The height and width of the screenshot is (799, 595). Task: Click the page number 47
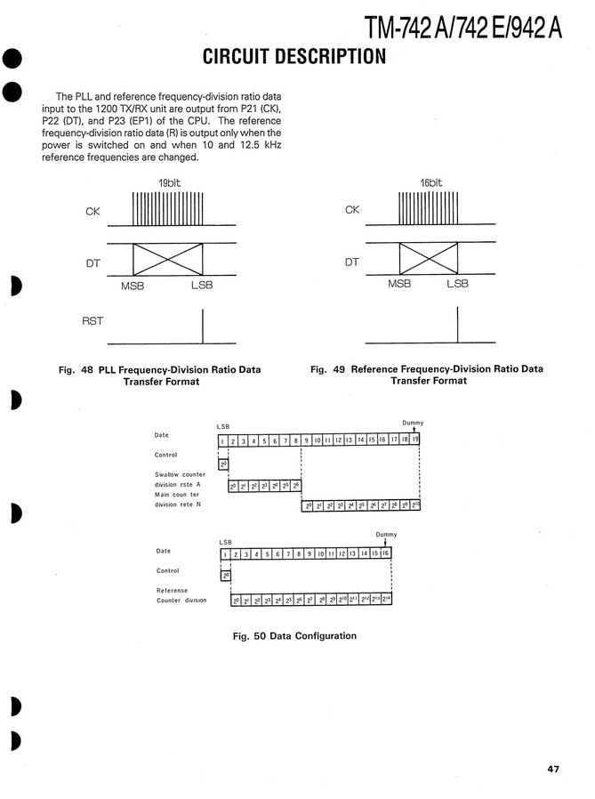coord(553,769)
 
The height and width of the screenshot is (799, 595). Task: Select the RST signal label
coord(92,320)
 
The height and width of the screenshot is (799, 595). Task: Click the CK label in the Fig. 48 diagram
coord(92,211)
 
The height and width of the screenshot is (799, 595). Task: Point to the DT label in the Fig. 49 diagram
coord(352,262)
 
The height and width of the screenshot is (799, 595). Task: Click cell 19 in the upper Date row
coord(414,440)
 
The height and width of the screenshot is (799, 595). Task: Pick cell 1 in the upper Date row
coord(222,440)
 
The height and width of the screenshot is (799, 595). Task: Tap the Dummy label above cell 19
coord(413,422)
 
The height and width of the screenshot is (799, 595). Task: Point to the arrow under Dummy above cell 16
coord(385,543)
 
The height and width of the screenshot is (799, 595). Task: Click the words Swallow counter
coord(180,474)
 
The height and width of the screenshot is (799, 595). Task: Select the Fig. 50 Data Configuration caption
coord(293,636)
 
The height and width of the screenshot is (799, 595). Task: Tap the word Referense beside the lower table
coord(172,590)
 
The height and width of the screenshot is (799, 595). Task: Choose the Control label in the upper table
coord(167,455)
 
